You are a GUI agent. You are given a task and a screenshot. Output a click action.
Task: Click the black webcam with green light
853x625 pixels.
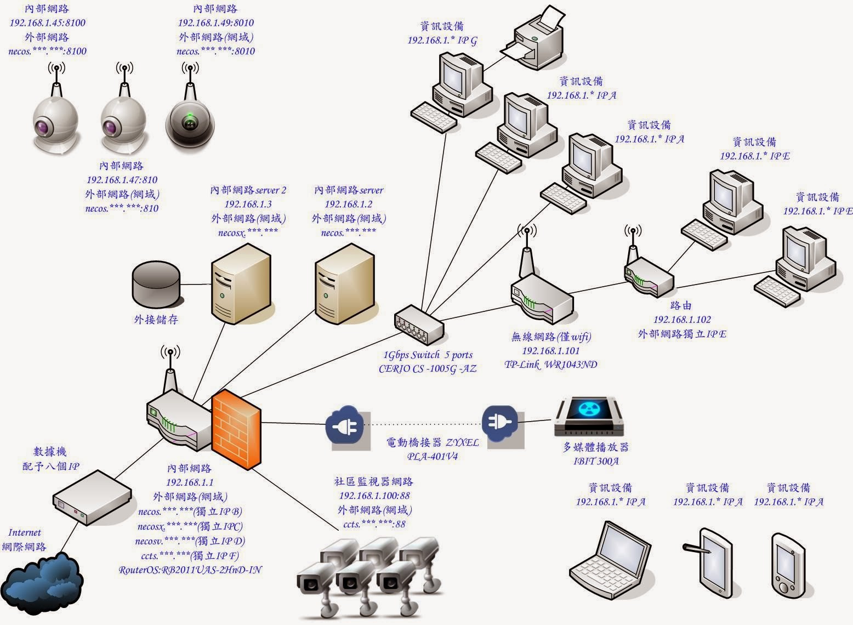[x=190, y=124]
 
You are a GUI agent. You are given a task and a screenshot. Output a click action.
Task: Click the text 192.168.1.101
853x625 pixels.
[x=550, y=351]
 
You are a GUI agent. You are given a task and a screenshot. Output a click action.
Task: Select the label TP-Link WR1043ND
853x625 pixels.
[x=550, y=365]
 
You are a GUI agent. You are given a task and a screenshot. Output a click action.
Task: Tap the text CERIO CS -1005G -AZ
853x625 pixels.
[x=428, y=369]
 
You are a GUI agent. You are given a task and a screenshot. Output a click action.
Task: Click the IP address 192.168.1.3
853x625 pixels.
[x=248, y=204]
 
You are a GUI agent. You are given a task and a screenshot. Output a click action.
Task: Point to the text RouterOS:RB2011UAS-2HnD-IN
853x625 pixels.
[x=190, y=570]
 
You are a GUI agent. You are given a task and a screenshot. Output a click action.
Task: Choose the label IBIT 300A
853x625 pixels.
[x=596, y=461]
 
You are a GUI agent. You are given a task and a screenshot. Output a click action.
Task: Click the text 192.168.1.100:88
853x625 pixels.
[x=374, y=496]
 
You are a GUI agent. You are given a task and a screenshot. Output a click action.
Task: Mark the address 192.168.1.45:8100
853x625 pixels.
[x=47, y=23]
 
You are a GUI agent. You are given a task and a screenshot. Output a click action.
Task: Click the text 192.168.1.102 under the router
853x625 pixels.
[x=681, y=320]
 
